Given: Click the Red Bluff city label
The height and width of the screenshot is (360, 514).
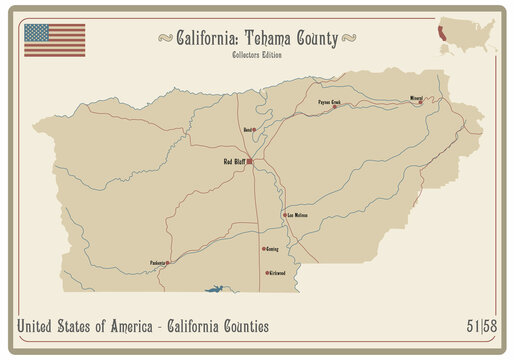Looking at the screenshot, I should (x=234, y=160).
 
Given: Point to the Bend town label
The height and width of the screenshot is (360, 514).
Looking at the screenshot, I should (x=246, y=129).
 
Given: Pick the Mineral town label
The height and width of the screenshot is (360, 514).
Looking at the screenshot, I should (x=416, y=99).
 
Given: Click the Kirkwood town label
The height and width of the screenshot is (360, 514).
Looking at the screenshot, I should (x=277, y=272).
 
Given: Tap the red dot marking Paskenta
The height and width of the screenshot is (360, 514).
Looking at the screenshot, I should (x=167, y=264).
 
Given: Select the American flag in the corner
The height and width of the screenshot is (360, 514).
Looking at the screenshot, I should (x=54, y=40).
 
